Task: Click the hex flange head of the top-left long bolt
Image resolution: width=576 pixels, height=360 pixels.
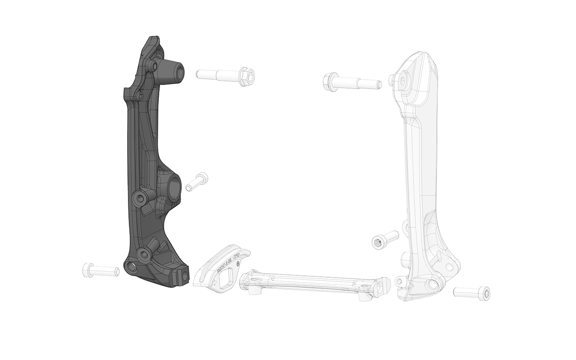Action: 247,76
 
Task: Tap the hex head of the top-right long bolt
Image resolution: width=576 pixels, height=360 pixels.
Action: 330,82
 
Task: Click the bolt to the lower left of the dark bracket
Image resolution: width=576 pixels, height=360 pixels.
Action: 100,270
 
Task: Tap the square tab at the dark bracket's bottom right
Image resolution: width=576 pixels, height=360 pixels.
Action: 184,274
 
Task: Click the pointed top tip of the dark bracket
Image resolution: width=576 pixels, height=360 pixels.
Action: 154,38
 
